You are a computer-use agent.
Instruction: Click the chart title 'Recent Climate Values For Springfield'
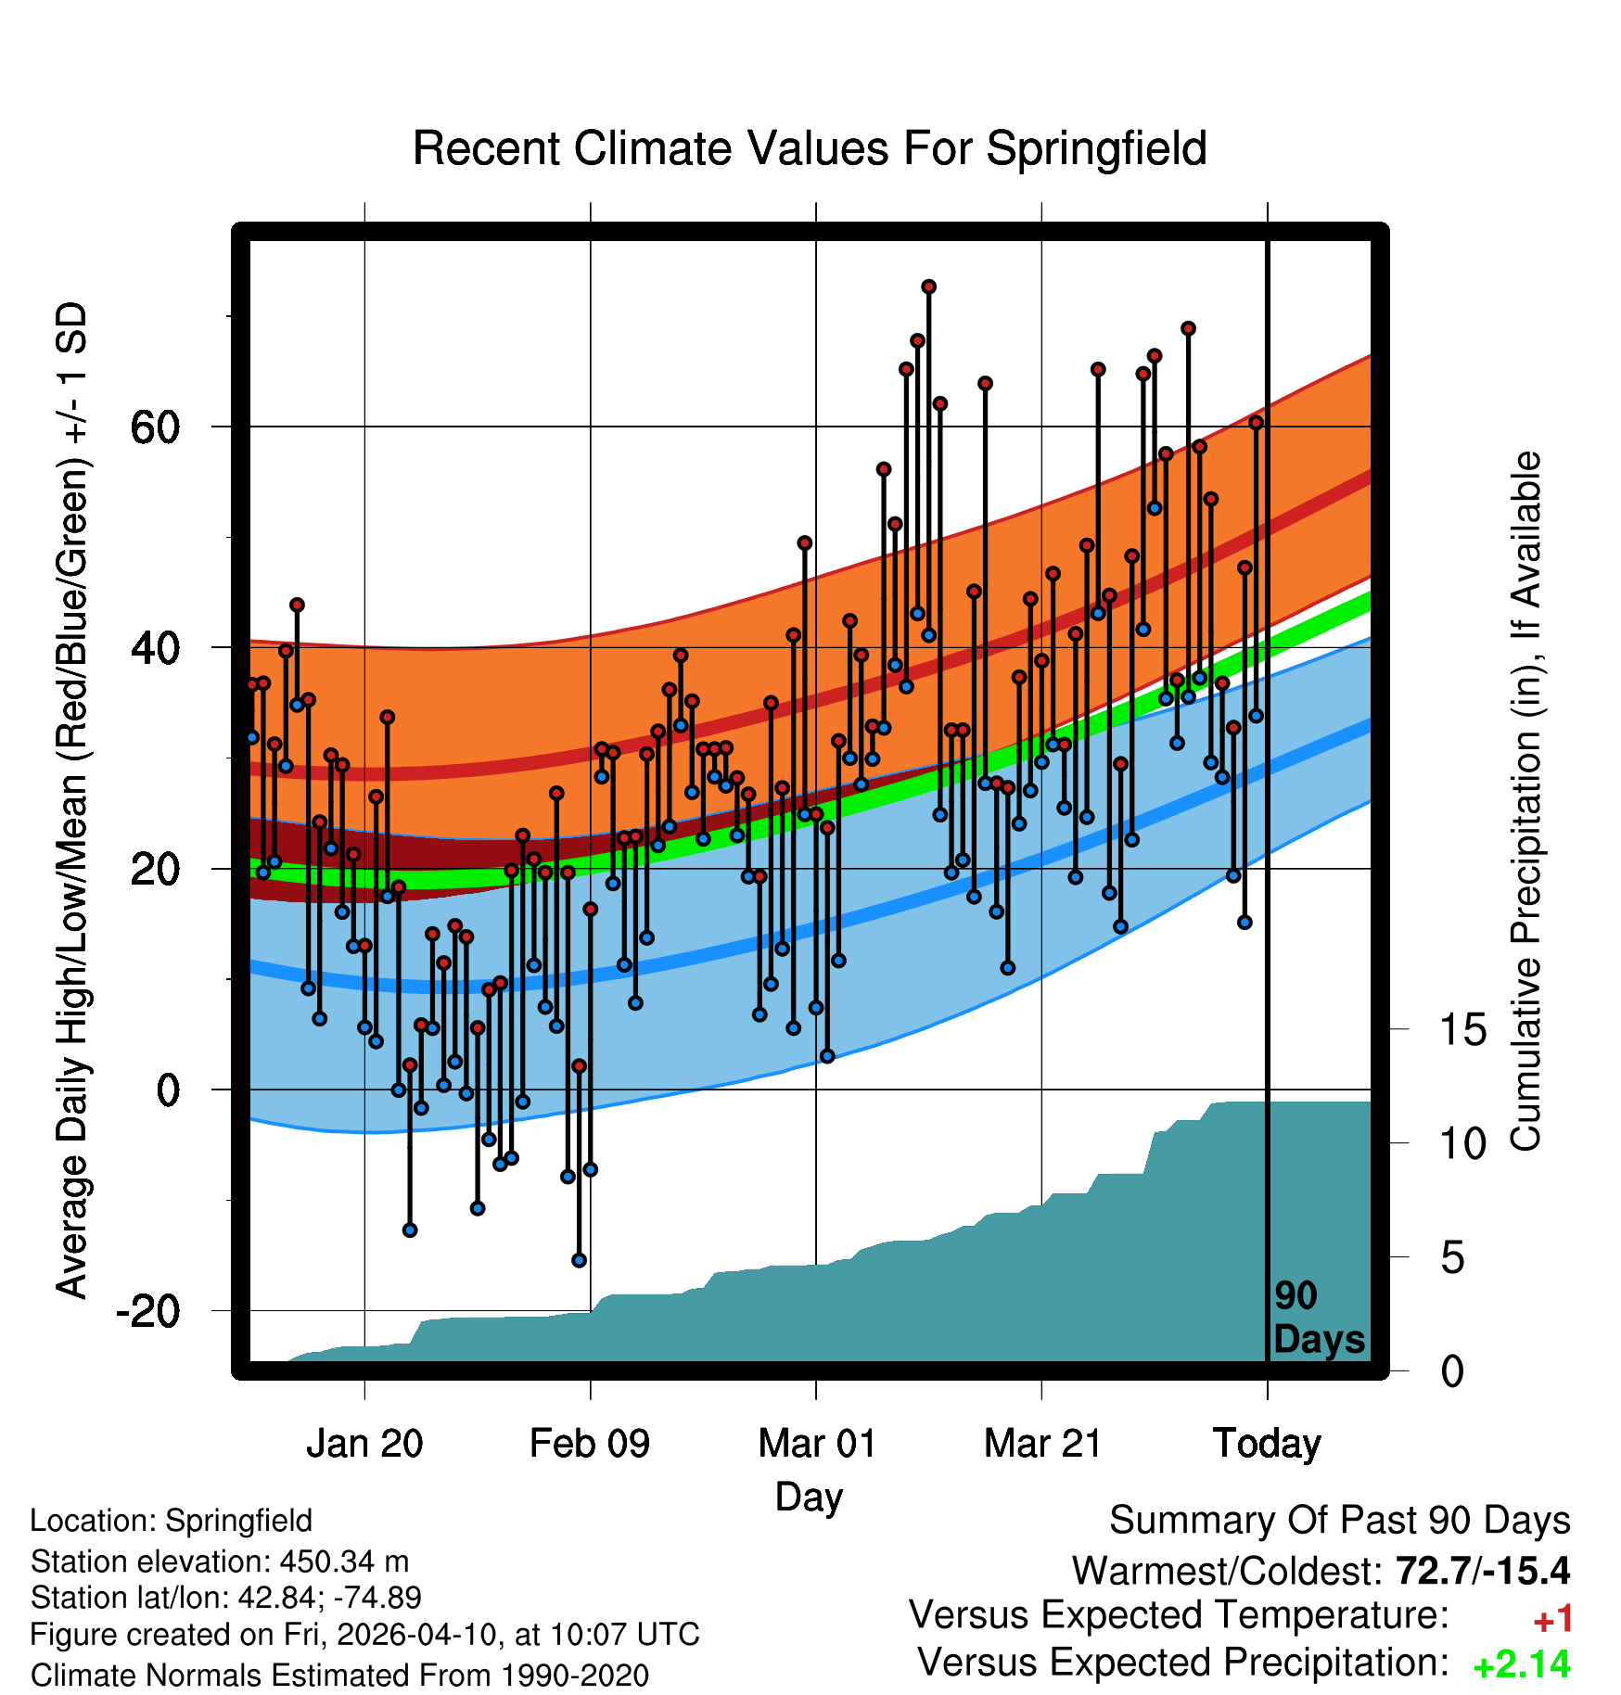click(810, 148)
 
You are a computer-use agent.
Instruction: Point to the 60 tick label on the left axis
click(155, 427)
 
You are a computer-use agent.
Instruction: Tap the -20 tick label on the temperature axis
click(147, 1311)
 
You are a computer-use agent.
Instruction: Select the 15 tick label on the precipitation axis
click(1462, 1030)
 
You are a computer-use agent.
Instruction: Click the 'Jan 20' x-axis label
click(364, 1444)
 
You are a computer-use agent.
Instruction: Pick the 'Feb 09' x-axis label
click(590, 1444)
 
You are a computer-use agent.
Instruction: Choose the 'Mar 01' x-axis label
click(816, 1444)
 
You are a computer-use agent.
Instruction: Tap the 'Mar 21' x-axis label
click(1042, 1444)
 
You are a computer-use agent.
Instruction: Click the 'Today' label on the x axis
click(1267, 1444)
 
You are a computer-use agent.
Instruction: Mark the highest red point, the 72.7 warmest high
click(928, 287)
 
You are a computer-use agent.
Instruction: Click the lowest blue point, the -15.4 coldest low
click(579, 1260)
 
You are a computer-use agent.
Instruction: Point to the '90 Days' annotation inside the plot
click(1319, 1318)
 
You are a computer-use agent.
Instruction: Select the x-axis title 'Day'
click(809, 1497)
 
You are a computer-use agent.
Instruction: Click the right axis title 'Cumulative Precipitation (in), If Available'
click(1525, 801)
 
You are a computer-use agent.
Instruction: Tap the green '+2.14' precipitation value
click(1522, 1665)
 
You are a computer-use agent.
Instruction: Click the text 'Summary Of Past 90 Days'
click(1339, 1521)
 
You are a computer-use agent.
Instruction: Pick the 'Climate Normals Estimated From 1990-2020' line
click(339, 1676)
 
